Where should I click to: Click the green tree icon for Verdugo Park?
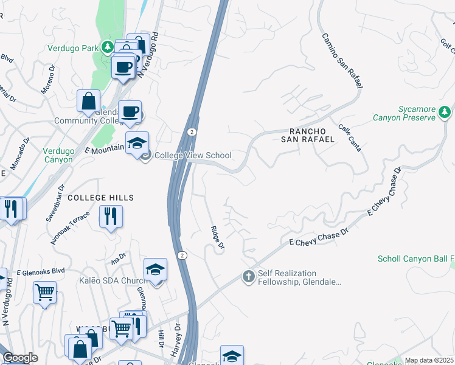(107, 46)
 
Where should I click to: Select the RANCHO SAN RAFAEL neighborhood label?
(311, 135)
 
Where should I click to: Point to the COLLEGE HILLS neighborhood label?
(100, 198)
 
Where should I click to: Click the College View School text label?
(193, 155)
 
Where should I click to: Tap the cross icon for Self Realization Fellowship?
(248, 277)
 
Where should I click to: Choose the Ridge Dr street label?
(217, 237)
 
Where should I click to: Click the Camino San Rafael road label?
(341, 61)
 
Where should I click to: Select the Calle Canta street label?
(350, 139)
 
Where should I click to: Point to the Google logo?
(20, 358)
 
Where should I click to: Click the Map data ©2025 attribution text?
(429, 360)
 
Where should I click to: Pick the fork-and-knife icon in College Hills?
(111, 216)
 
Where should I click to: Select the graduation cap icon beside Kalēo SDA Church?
(155, 269)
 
